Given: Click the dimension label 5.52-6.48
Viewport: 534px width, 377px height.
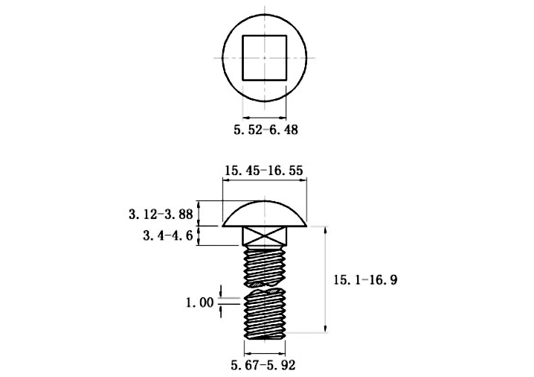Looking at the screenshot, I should pos(266,130).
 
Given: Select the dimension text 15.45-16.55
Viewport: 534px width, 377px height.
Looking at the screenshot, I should pos(263,171).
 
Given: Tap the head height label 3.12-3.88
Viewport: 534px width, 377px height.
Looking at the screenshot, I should pos(161,214).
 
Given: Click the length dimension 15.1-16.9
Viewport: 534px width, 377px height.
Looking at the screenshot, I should pos(364,280).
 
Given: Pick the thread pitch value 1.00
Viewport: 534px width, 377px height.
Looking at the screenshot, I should pos(199,302).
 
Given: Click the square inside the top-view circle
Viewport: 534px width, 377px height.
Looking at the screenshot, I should pos(266,57).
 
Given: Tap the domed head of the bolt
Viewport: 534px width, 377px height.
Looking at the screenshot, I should pos(266,215).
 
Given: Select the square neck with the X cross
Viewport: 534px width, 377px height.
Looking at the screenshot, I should pos(266,238).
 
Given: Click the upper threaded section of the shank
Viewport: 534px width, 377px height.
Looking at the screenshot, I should pos(266,264).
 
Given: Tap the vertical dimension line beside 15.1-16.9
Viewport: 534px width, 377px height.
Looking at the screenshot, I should pos(325,280).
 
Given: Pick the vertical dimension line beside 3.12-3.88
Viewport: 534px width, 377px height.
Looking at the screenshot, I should pos(199,213).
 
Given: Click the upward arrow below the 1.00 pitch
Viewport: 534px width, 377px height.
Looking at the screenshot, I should pos(221,311).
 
